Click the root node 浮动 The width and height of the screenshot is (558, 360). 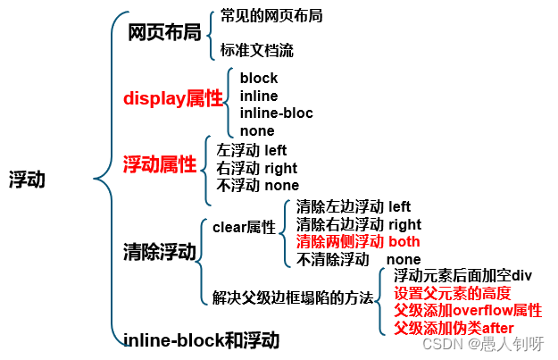click(27, 179)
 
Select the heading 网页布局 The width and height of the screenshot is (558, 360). click(164, 33)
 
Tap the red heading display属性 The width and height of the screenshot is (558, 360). click(173, 99)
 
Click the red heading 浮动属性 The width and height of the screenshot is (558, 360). click(160, 164)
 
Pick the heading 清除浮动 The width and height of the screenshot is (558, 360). click(160, 252)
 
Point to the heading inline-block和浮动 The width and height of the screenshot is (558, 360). click(201, 340)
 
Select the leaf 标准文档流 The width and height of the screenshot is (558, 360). click(257, 50)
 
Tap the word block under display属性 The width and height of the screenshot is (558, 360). click(259, 78)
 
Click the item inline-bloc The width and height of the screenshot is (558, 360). click(275, 113)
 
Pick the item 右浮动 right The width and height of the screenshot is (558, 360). click(257, 168)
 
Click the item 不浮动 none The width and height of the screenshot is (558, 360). click(258, 185)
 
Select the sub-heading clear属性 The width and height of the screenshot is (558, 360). click(244, 227)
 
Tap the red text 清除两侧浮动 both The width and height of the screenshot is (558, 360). click(357, 241)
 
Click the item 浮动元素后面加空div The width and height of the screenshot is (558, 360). click(462, 275)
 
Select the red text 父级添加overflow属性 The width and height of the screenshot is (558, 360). click(468, 310)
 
